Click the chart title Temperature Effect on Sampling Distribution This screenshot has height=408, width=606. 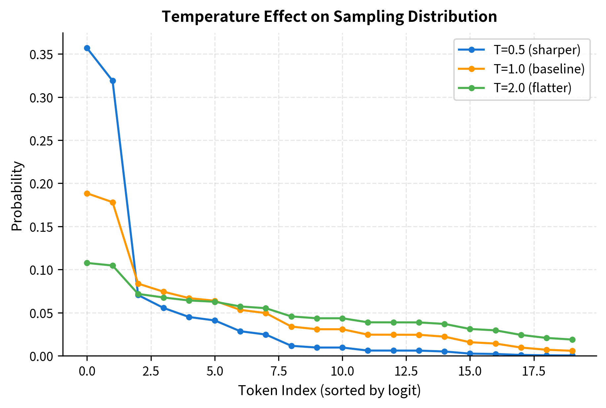pyautogui.click(x=329, y=17)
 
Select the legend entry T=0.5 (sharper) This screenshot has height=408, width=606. pyautogui.click(x=537, y=50)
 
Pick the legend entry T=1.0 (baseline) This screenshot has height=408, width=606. pyautogui.click(x=539, y=69)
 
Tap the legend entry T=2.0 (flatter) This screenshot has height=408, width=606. pyautogui.click(x=532, y=88)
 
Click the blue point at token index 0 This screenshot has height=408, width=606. pyautogui.click(x=87, y=48)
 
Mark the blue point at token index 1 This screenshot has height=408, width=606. pyautogui.click(x=113, y=81)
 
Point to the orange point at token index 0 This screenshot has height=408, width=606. pyautogui.click(x=87, y=193)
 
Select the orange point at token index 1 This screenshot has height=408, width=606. pyautogui.click(x=113, y=202)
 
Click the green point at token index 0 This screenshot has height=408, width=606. pyautogui.click(x=87, y=263)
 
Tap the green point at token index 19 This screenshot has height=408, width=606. pyautogui.click(x=572, y=340)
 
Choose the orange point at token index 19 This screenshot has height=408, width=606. pyautogui.click(x=572, y=351)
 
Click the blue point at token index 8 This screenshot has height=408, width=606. pyautogui.click(x=291, y=346)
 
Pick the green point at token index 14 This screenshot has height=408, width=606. pyautogui.click(x=444, y=324)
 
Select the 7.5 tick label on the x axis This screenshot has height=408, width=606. pyautogui.click(x=279, y=371)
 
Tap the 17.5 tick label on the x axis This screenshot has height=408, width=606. pyautogui.click(x=534, y=371)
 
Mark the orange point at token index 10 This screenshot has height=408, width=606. pyautogui.click(x=342, y=329)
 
